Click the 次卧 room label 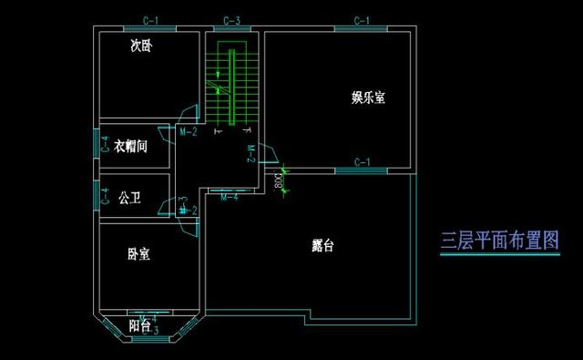tap(139, 44)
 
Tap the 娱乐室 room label tap(368, 98)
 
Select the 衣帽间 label tap(130, 146)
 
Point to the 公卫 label tap(128, 198)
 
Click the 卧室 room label tap(138, 254)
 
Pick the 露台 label tap(322, 245)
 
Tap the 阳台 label tap(139, 325)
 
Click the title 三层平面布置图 tap(497, 241)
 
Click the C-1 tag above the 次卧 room tap(151, 20)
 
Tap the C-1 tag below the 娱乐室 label tap(362, 162)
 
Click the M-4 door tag tap(230, 196)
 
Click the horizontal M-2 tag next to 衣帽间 tap(189, 132)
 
